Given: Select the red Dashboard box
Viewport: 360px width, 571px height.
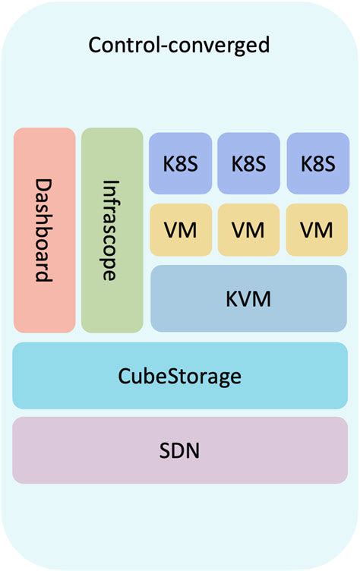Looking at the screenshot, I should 44,230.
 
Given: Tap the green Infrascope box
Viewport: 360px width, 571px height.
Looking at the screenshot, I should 112,230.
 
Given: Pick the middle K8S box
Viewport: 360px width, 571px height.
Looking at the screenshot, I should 248,163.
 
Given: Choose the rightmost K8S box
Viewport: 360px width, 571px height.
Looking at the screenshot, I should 317,163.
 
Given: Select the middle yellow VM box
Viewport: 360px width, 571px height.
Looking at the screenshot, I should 248,229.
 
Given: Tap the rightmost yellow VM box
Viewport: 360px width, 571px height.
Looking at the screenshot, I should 317,229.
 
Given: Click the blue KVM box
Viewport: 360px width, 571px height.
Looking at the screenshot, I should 248,298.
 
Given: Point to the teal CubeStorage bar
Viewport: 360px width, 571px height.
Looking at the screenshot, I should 179,375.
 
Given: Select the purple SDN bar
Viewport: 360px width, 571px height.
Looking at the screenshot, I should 179,450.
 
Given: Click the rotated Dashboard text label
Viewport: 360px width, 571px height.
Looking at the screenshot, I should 45,230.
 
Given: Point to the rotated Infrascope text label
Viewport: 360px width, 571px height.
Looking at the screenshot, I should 112,230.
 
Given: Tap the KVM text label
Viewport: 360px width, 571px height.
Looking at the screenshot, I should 248,298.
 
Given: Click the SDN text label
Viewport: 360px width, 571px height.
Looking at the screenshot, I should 180,451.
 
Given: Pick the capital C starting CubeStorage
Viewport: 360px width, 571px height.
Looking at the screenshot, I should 125,376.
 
